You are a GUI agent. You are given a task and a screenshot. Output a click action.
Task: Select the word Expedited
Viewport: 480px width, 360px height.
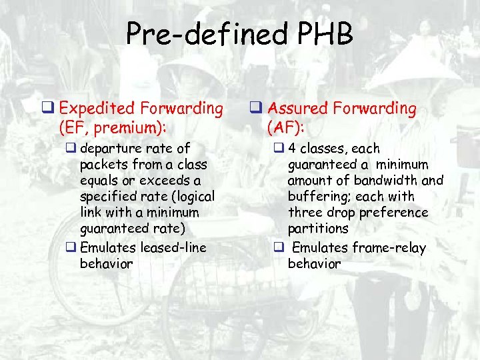pyautogui.click(x=99, y=107)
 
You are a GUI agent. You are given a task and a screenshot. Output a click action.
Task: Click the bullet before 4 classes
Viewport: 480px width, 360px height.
pyautogui.click(x=279, y=149)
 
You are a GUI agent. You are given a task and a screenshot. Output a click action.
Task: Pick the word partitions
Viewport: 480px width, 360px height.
pyautogui.click(x=318, y=228)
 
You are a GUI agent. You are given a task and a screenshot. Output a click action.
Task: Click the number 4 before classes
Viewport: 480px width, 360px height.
pyautogui.click(x=293, y=149)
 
